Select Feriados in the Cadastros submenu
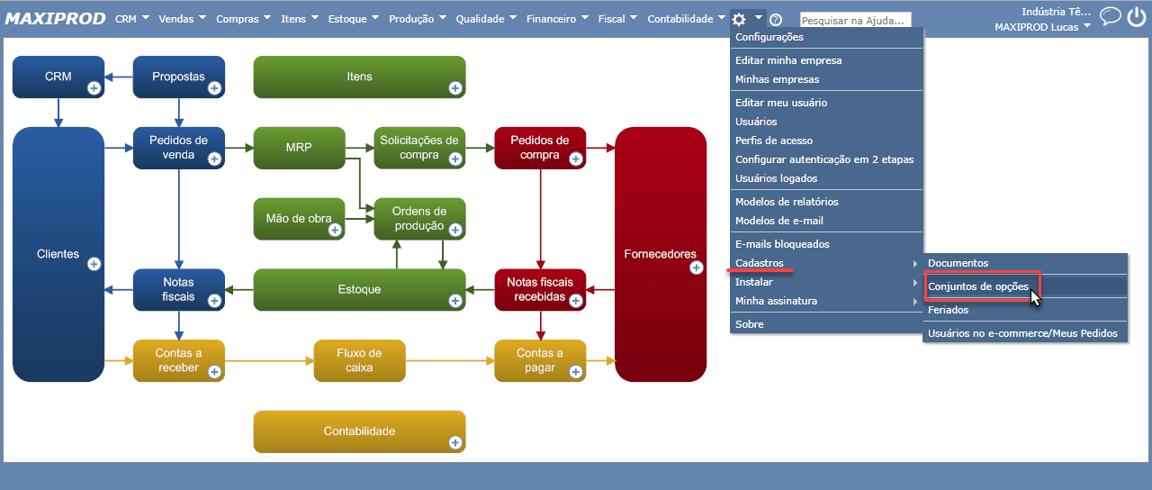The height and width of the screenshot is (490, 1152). (x=949, y=310)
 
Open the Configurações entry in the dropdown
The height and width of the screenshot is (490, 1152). (x=769, y=37)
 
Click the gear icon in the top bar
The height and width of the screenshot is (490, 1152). (x=739, y=19)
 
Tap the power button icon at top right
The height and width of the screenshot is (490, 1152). (x=1136, y=17)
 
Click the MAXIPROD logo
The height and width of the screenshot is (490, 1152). (x=56, y=19)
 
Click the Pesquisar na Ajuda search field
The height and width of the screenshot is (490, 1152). (x=855, y=20)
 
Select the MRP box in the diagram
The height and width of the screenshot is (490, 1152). (x=299, y=147)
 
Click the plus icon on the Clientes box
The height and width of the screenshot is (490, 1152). (x=94, y=264)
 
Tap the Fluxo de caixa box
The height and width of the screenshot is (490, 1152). (x=359, y=360)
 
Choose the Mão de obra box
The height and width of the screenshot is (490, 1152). (x=299, y=218)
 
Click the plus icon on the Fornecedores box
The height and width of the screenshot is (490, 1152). (x=696, y=268)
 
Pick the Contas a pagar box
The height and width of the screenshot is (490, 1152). (x=540, y=360)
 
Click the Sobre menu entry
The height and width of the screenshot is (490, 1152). (x=750, y=324)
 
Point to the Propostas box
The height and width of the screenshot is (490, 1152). (x=178, y=77)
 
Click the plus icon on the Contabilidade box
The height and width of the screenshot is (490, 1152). (x=455, y=442)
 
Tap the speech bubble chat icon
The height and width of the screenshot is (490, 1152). (x=1111, y=16)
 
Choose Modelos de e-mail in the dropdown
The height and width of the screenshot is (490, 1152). (x=779, y=221)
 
